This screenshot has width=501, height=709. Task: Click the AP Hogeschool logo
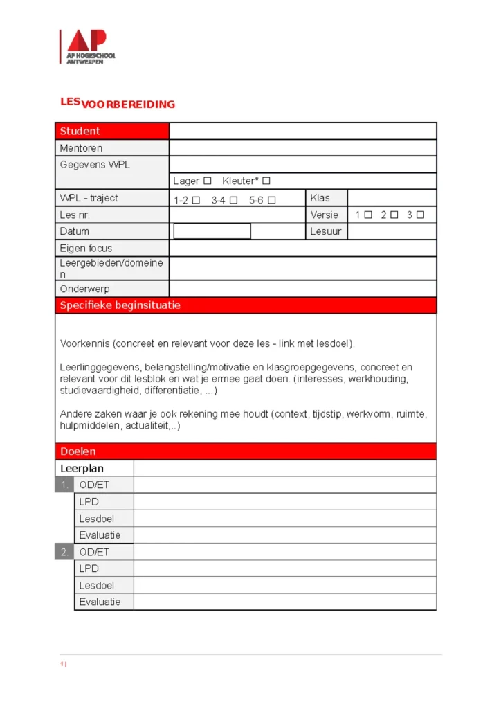point(87,46)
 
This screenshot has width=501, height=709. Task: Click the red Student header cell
point(112,131)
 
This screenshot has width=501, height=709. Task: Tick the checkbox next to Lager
point(207,181)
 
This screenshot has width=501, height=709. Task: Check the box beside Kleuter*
point(266,181)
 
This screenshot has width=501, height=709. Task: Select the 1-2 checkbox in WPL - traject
point(196,201)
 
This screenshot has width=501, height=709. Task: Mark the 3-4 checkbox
point(233,201)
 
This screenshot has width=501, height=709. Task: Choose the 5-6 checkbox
point(272,201)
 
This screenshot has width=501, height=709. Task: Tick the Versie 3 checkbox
point(420,215)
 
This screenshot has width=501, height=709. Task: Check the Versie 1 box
point(368,215)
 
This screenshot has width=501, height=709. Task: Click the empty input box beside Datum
point(212,231)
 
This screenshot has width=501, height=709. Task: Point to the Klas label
point(320,198)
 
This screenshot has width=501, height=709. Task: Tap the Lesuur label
point(325,231)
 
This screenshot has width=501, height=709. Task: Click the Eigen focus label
point(86,248)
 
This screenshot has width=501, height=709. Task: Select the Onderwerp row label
point(84,289)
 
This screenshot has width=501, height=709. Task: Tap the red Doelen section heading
point(78,451)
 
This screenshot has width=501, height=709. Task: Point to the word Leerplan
point(82,468)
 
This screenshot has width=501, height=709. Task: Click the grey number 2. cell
point(64,552)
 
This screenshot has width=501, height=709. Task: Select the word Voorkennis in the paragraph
point(84,343)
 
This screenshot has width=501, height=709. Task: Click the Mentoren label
point(81,147)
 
